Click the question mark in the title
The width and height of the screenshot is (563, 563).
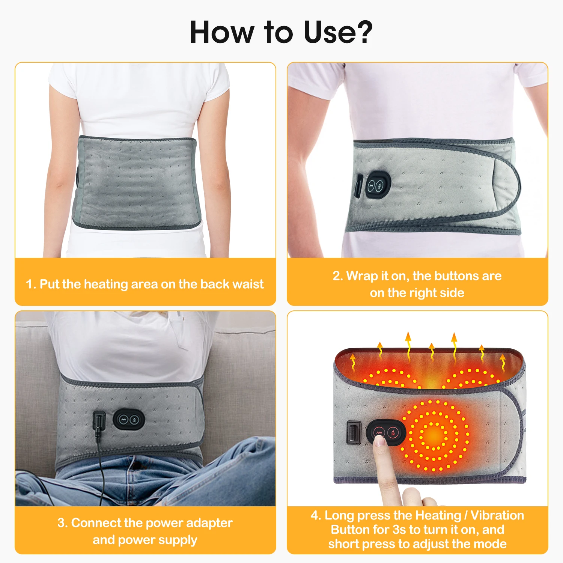[x=362, y=32]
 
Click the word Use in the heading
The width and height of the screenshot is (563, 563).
[x=330, y=32]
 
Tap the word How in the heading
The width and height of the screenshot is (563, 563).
[x=221, y=32]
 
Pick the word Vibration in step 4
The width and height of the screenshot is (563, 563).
[x=497, y=515]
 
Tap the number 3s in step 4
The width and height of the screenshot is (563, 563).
[x=399, y=530]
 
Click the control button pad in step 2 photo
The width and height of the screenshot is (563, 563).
[x=378, y=185]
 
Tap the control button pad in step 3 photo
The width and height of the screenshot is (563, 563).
[x=129, y=420]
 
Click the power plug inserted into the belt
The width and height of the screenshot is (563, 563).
[x=99, y=422]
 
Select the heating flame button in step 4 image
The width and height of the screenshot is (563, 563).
[x=393, y=433]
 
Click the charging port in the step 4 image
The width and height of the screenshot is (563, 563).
[x=354, y=433]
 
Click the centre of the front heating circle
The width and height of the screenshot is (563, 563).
[x=434, y=435]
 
